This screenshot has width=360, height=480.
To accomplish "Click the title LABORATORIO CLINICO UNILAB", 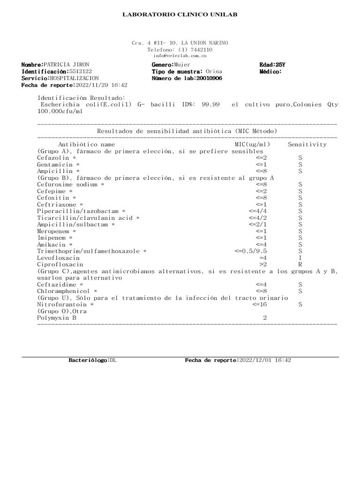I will [x=180, y=15].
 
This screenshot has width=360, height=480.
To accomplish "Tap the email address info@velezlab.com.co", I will [x=180, y=55].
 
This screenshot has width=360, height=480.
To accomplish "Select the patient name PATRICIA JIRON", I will [x=66, y=64].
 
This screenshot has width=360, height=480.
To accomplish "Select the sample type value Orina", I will [x=214, y=71].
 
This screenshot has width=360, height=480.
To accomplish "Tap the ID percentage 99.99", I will [x=210, y=105].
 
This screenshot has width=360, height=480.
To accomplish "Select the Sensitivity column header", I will [x=307, y=145].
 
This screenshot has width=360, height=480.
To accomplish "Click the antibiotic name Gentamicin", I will [x=55, y=165].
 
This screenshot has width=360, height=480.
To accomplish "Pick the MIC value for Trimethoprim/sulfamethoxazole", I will [x=251, y=251].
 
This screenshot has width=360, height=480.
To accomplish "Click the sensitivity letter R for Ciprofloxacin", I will [x=300, y=264].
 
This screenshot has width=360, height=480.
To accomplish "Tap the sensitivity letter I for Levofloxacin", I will [x=300, y=258].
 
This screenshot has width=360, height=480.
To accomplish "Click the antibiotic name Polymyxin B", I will [x=57, y=318].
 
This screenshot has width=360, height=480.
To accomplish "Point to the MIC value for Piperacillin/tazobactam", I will [x=258, y=211].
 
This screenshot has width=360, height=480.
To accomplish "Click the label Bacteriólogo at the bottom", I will [x=89, y=360].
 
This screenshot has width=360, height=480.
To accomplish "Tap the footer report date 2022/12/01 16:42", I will [x=265, y=360].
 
